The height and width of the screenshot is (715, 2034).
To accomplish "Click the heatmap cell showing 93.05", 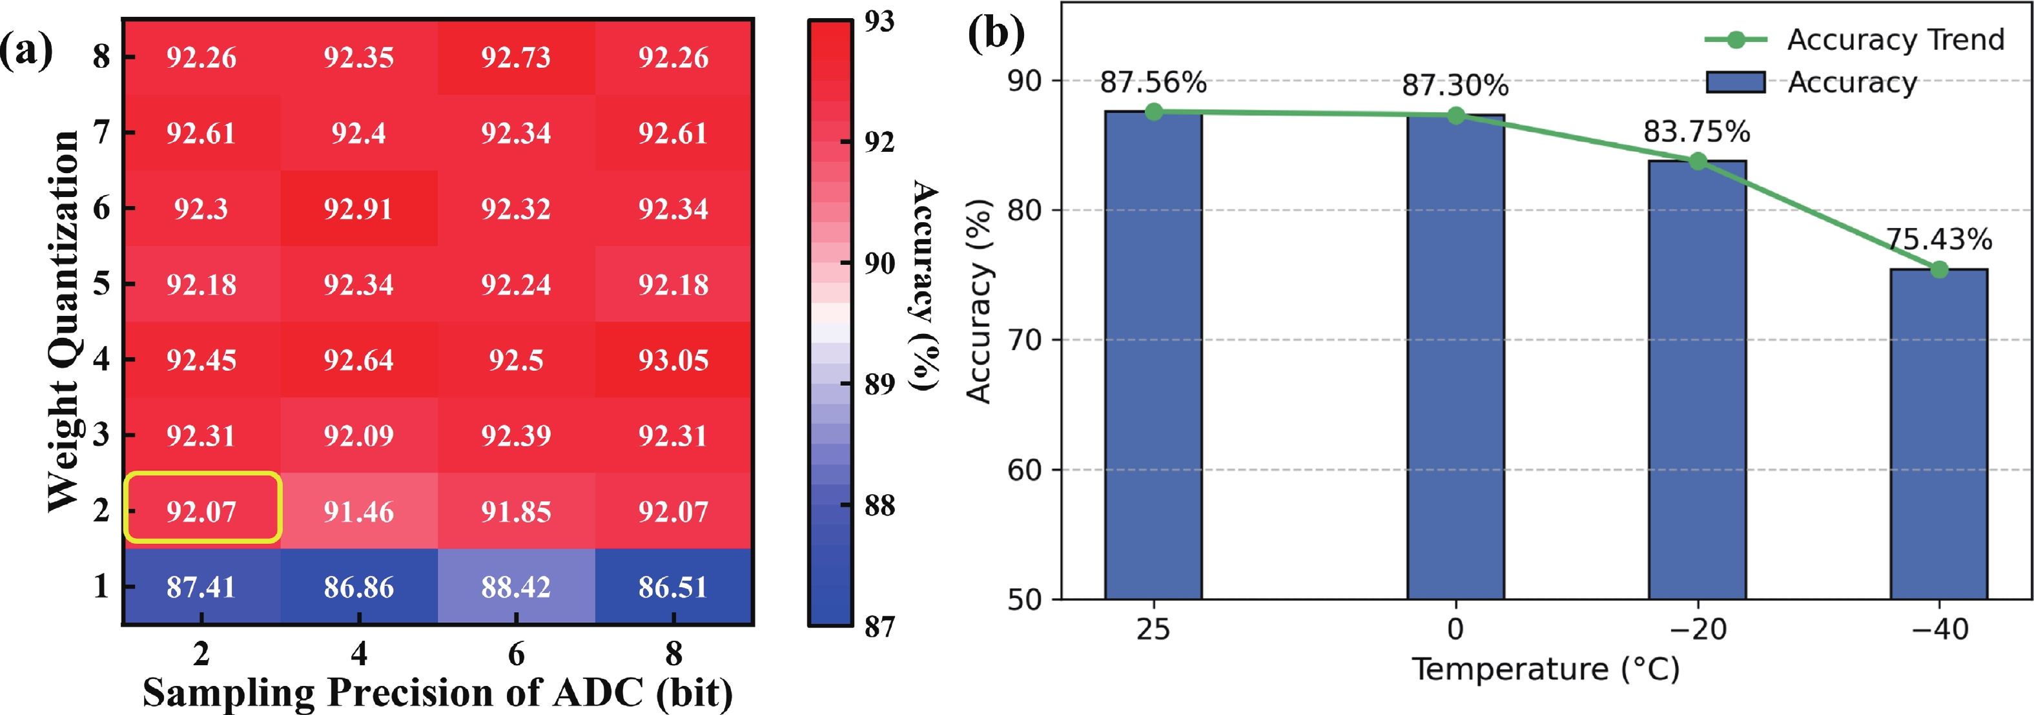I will [673, 360].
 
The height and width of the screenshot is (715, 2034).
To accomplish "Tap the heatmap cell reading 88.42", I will [516, 586].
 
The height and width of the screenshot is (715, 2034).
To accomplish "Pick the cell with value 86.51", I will [673, 586].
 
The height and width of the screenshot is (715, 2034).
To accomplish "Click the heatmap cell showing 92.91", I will [358, 209].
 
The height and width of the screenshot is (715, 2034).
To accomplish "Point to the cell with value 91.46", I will [358, 511].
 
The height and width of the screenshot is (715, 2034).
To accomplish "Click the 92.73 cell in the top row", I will [516, 57].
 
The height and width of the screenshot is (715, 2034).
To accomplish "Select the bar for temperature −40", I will [1938, 435].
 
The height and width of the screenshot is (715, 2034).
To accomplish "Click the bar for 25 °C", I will [1153, 355].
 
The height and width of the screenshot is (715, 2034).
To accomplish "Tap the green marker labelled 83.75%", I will [1698, 161].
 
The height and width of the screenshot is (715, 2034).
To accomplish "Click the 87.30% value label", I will [1455, 85].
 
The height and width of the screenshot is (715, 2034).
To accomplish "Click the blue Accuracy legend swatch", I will [1736, 82].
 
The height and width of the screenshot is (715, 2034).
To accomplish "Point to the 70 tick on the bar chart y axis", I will [1024, 340].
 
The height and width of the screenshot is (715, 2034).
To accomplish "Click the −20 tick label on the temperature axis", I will [1698, 630].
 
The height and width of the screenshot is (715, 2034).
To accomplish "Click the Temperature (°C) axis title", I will [1545, 669].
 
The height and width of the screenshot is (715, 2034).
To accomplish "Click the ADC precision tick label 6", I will [516, 654].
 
